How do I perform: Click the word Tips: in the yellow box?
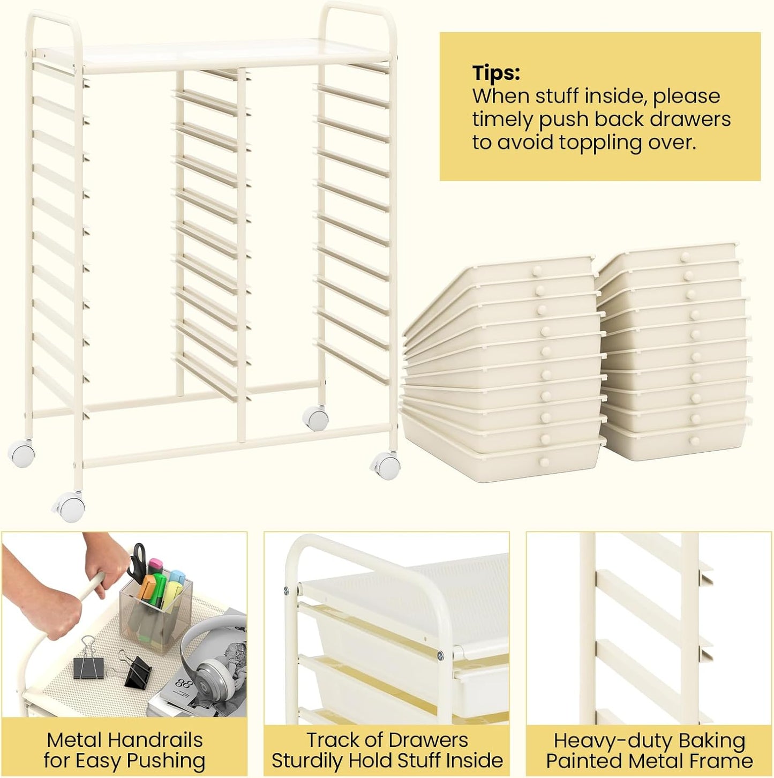(x=495, y=73)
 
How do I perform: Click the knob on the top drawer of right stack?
(x=685, y=257)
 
